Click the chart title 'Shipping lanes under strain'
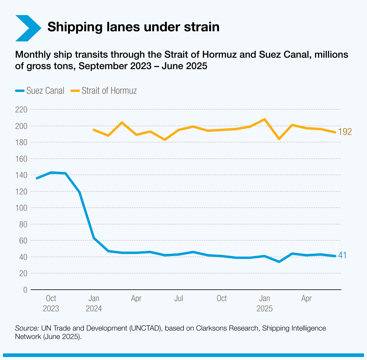coord(133,27)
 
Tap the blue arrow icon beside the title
coord(28,28)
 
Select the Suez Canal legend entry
coord(40,91)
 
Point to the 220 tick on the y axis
coord(21,110)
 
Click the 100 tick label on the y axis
coord(21,208)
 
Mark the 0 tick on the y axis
coord(25,290)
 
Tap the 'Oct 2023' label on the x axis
coord(51,303)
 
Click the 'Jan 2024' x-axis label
coord(94,303)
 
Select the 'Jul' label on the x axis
coord(179,298)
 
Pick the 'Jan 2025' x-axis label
coord(264,303)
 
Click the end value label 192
coord(345,132)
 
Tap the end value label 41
coord(342,255)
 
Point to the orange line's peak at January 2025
coord(264,119)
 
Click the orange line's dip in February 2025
coord(279,139)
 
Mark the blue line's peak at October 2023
coord(51,172)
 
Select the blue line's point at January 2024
coord(94,238)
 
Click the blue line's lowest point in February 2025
coord(279,262)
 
